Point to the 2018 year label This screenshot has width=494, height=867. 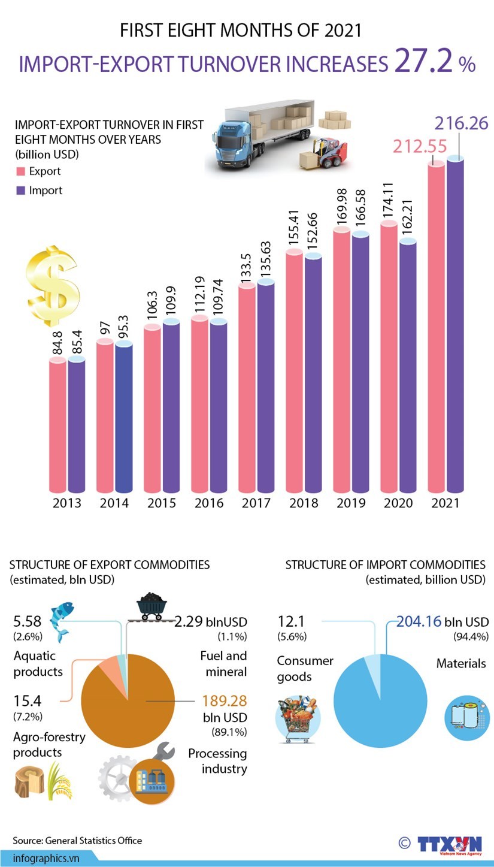[304, 503]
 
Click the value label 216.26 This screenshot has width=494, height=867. [462, 124]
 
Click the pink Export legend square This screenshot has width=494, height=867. [20, 171]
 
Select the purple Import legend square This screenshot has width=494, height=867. [20, 191]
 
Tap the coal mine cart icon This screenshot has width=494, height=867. [150, 607]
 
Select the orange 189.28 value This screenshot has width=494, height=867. [225, 700]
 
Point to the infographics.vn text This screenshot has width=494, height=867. [46, 857]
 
